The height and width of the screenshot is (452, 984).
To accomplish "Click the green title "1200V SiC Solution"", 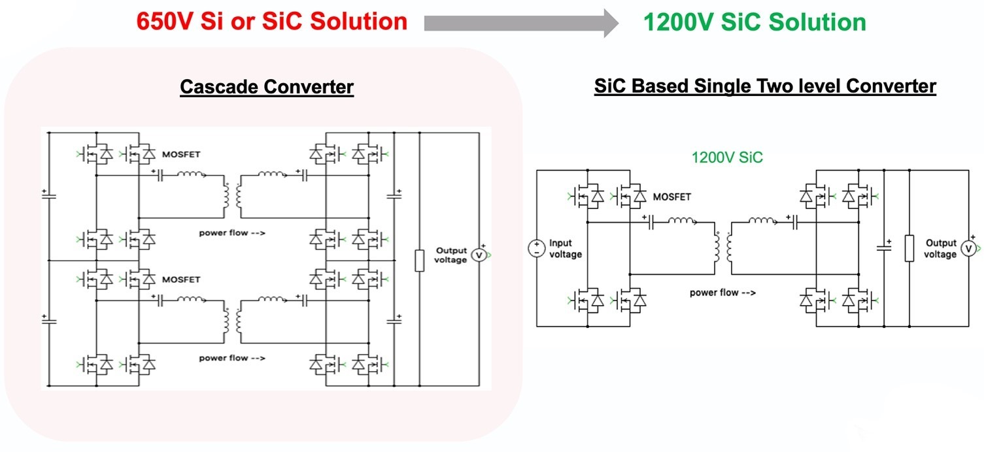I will point(755,22).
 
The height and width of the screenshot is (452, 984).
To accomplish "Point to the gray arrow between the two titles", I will point(520,23).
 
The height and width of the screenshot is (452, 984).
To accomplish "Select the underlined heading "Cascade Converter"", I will point(267,87).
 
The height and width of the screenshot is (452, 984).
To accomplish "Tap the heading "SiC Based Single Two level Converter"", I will point(765,86).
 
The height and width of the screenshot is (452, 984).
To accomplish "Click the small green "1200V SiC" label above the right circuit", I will point(727,157).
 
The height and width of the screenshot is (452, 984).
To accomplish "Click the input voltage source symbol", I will point(536,248).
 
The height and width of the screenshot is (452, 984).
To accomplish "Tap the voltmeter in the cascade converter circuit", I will point(479,255).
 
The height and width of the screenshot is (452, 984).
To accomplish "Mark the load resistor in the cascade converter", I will point(419,259).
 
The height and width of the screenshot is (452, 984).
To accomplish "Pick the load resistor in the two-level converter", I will point(909,248).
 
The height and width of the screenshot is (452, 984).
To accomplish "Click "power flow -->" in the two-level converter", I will point(722,293).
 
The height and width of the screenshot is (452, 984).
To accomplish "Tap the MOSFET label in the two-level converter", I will point(671,196).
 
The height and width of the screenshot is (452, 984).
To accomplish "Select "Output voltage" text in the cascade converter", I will point(450,255).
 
